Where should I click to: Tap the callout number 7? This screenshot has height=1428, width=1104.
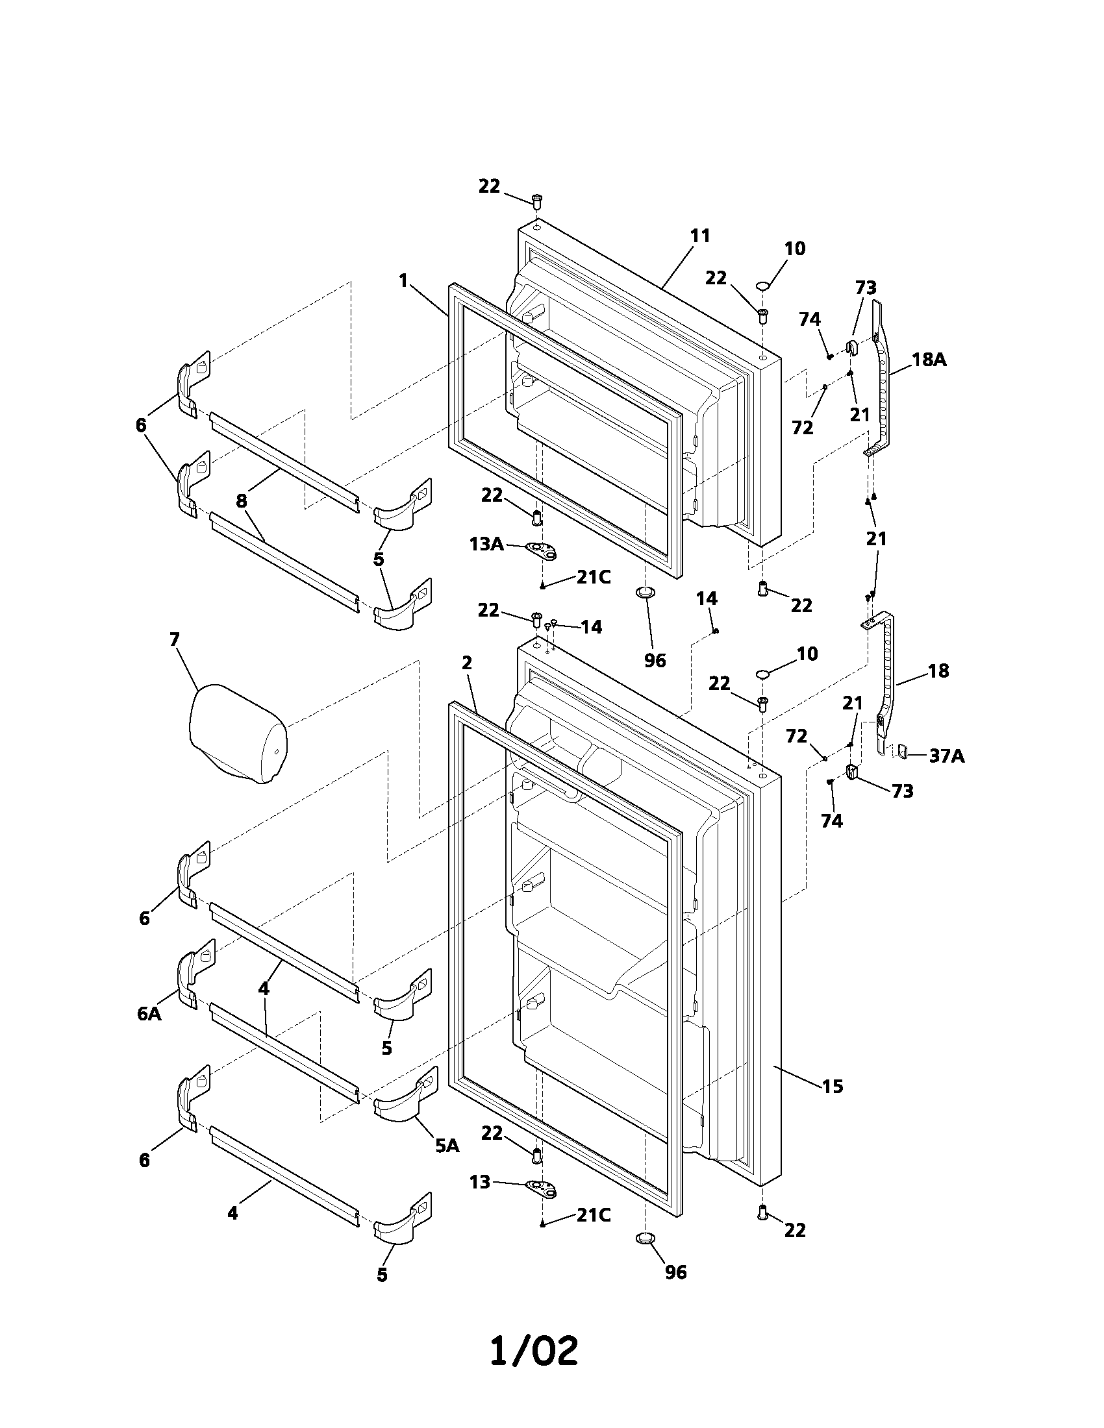175,639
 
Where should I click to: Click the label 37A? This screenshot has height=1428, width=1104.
947,756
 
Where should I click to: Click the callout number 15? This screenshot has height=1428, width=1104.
832,1086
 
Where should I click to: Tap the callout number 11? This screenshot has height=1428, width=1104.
700,236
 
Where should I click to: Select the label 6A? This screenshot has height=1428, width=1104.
149,1013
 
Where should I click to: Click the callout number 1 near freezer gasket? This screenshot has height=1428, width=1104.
403,281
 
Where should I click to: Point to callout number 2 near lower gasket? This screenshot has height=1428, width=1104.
466,663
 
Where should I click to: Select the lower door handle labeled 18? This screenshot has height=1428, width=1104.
884,674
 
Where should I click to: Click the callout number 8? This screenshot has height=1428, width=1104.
242,502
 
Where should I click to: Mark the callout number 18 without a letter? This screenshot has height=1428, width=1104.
938,671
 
